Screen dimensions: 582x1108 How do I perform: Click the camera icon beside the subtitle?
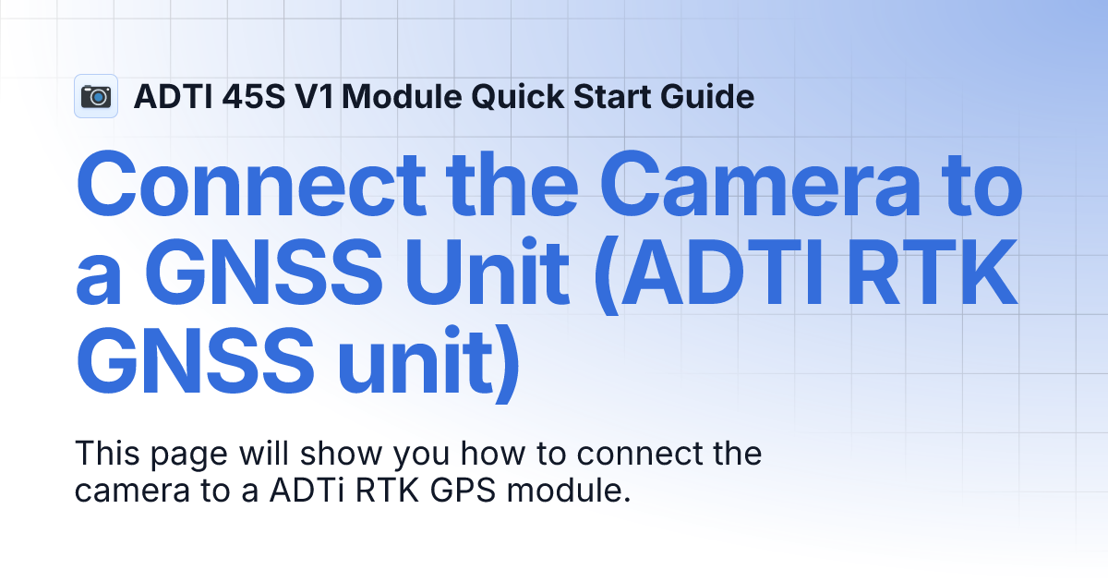[96, 96]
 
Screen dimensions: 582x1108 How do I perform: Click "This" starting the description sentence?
[102, 455]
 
